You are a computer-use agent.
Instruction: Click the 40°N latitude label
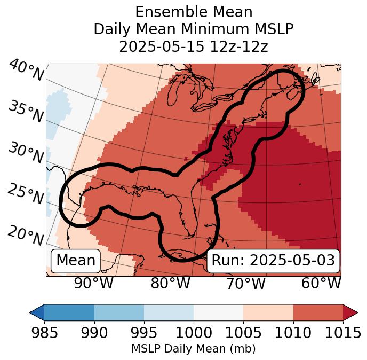(25, 71)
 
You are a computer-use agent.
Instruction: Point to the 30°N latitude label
(25, 153)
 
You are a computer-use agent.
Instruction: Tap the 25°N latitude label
(25, 194)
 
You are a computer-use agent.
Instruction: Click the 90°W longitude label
(93, 283)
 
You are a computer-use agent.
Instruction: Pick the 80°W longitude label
(170, 283)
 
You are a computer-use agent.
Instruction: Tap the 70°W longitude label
(245, 283)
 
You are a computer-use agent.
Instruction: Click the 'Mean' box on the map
(76, 261)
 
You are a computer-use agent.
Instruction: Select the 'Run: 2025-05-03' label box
(273, 261)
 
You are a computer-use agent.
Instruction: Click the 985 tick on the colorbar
(44, 333)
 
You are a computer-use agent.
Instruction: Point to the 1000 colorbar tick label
(194, 333)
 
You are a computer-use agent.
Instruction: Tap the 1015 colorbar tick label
(342, 333)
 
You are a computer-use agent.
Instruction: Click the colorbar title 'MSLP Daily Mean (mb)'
(193, 349)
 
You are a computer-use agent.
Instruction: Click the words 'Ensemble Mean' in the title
(193, 12)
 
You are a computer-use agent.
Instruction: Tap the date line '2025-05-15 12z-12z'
(193, 46)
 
